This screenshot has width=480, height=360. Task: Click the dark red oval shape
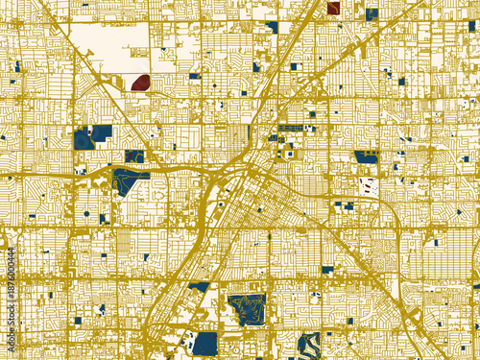pyautogui.click(x=140, y=83)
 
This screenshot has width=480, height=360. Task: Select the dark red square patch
pyautogui.click(x=333, y=8)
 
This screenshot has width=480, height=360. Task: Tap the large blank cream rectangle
pyautogui.click(x=110, y=43)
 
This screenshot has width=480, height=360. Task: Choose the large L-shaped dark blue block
pyautogui.click(x=92, y=136)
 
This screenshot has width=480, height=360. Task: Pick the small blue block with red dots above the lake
pyautogui.click(x=134, y=156)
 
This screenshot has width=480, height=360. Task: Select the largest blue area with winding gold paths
pyautogui.click(x=247, y=309)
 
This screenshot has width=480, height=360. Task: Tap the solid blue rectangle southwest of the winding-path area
pyautogui.click(x=205, y=343)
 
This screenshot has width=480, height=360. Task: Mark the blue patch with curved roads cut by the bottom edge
pyautogui.click(x=308, y=347)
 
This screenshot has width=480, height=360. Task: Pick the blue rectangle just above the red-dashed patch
pyautogui.click(x=366, y=156)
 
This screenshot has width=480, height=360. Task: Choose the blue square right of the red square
pyautogui.click(x=372, y=13)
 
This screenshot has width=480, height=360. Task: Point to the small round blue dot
pyautogui.click(x=86, y=213)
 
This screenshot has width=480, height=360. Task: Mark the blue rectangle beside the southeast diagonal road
pyautogui.click(x=327, y=270)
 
